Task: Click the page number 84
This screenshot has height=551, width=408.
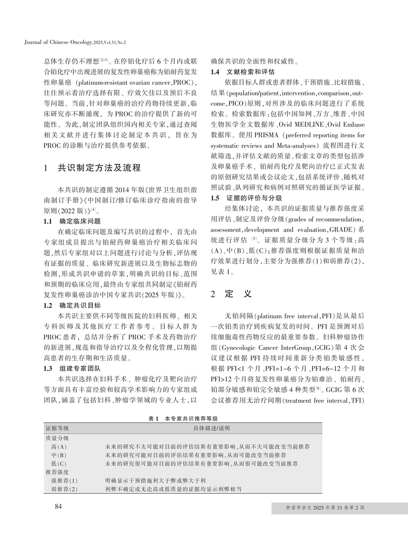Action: click(58, 507)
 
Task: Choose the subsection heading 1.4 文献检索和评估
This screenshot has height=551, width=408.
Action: click(243, 72)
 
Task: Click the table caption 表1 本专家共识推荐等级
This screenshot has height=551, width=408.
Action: click(183, 419)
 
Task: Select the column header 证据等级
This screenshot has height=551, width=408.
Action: click(57, 428)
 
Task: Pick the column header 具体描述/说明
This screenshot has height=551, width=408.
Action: click(212, 428)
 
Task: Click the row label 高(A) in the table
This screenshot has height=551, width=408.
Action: click(59, 446)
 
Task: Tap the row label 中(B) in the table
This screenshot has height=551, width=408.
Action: click(59, 455)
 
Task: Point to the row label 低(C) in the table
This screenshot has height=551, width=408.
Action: click(59, 464)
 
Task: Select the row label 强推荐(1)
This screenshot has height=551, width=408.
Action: click(64, 480)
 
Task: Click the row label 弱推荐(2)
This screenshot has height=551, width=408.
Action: click(64, 489)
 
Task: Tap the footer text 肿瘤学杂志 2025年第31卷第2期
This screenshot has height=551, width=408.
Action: click(325, 508)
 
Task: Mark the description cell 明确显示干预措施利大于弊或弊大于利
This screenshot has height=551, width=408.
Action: click(155, 480)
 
